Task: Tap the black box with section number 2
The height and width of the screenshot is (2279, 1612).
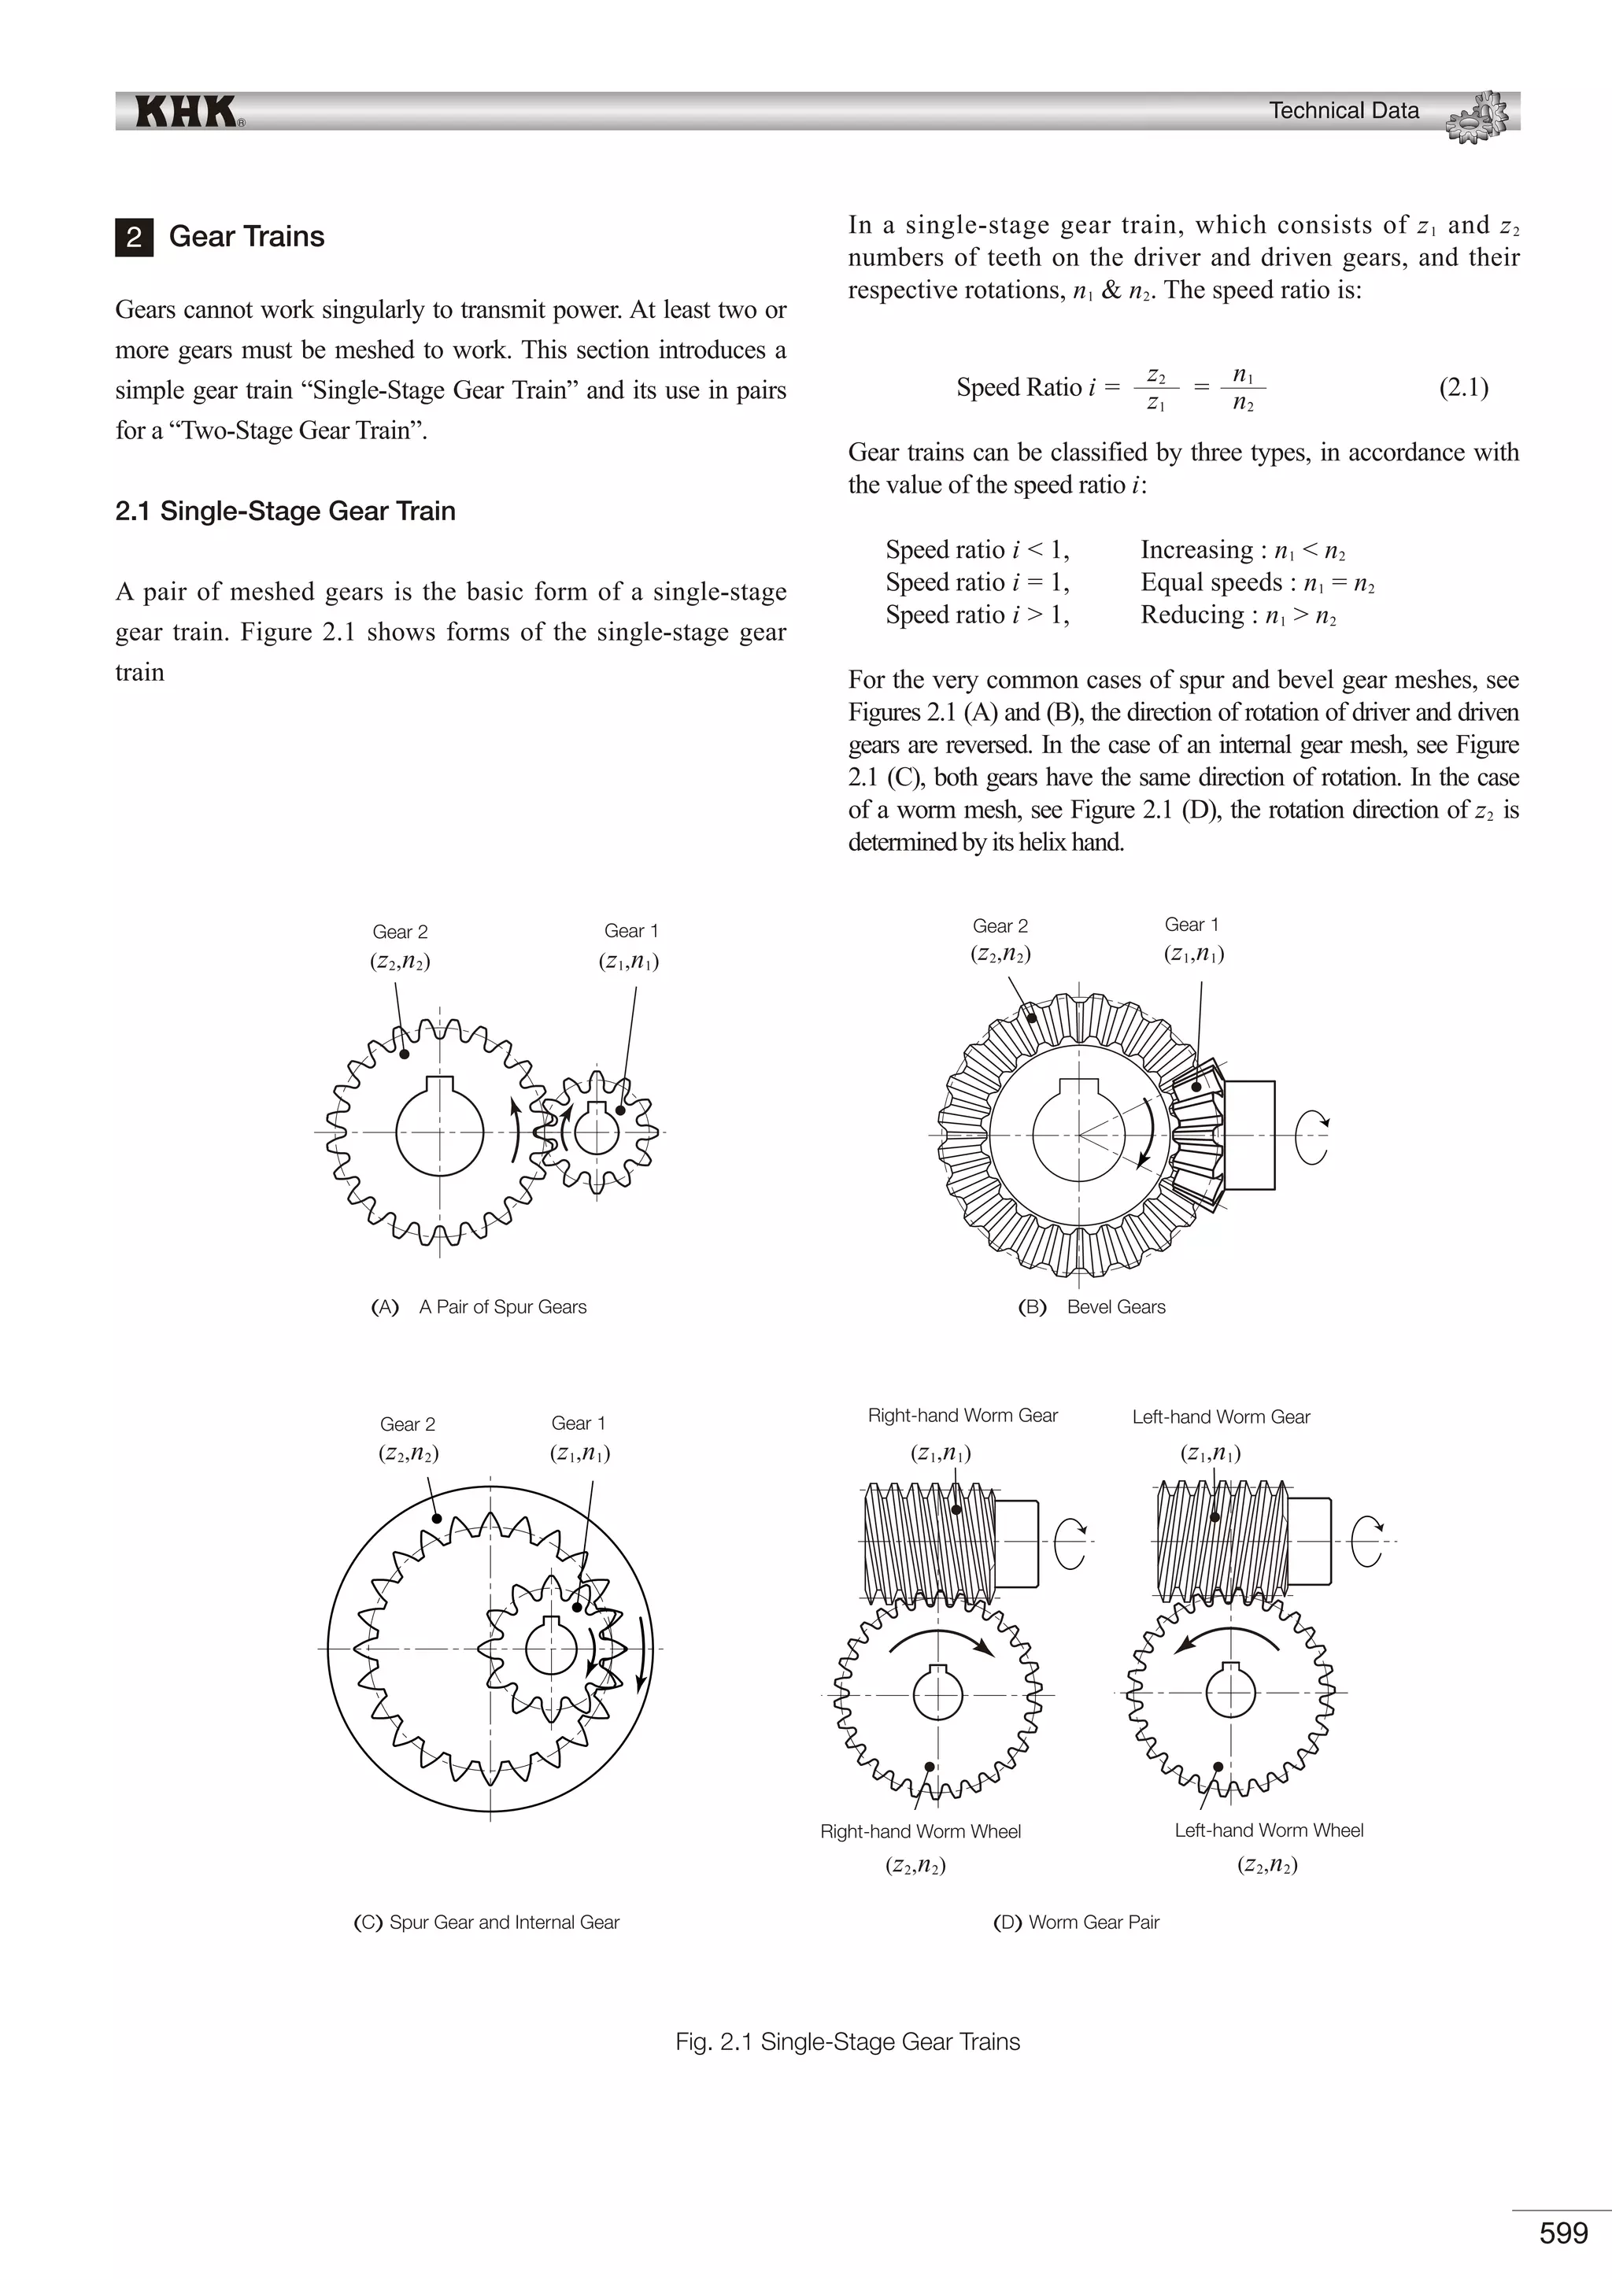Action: (134, 237)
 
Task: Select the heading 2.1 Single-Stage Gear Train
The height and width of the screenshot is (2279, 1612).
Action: (285, 512)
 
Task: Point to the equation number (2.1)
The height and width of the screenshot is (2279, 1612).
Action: (1463, 387)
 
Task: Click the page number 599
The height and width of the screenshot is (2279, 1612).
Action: (1563, 2233)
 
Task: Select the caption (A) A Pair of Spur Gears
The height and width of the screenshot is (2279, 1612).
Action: (479, 1307)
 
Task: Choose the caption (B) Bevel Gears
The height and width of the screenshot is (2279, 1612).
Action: (1092, 1307)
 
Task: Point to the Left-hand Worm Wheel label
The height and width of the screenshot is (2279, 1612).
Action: (1269, 1830)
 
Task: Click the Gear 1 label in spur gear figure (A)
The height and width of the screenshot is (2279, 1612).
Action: (630, 931)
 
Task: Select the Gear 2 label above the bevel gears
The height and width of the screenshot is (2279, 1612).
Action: (1000, 926)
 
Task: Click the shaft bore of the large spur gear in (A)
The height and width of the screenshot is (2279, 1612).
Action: (440, 1132)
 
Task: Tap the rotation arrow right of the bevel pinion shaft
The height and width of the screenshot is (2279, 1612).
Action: (1311, 1137)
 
